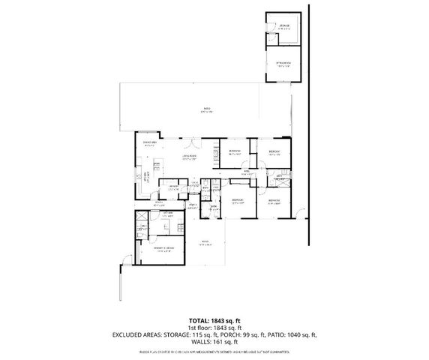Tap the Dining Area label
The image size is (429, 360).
click(x=149, y=142)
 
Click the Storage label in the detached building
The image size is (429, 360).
click(x=284, y=28)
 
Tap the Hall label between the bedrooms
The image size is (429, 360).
click(x=246, y=172)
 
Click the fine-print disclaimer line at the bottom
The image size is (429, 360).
click(x=214, y=350)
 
